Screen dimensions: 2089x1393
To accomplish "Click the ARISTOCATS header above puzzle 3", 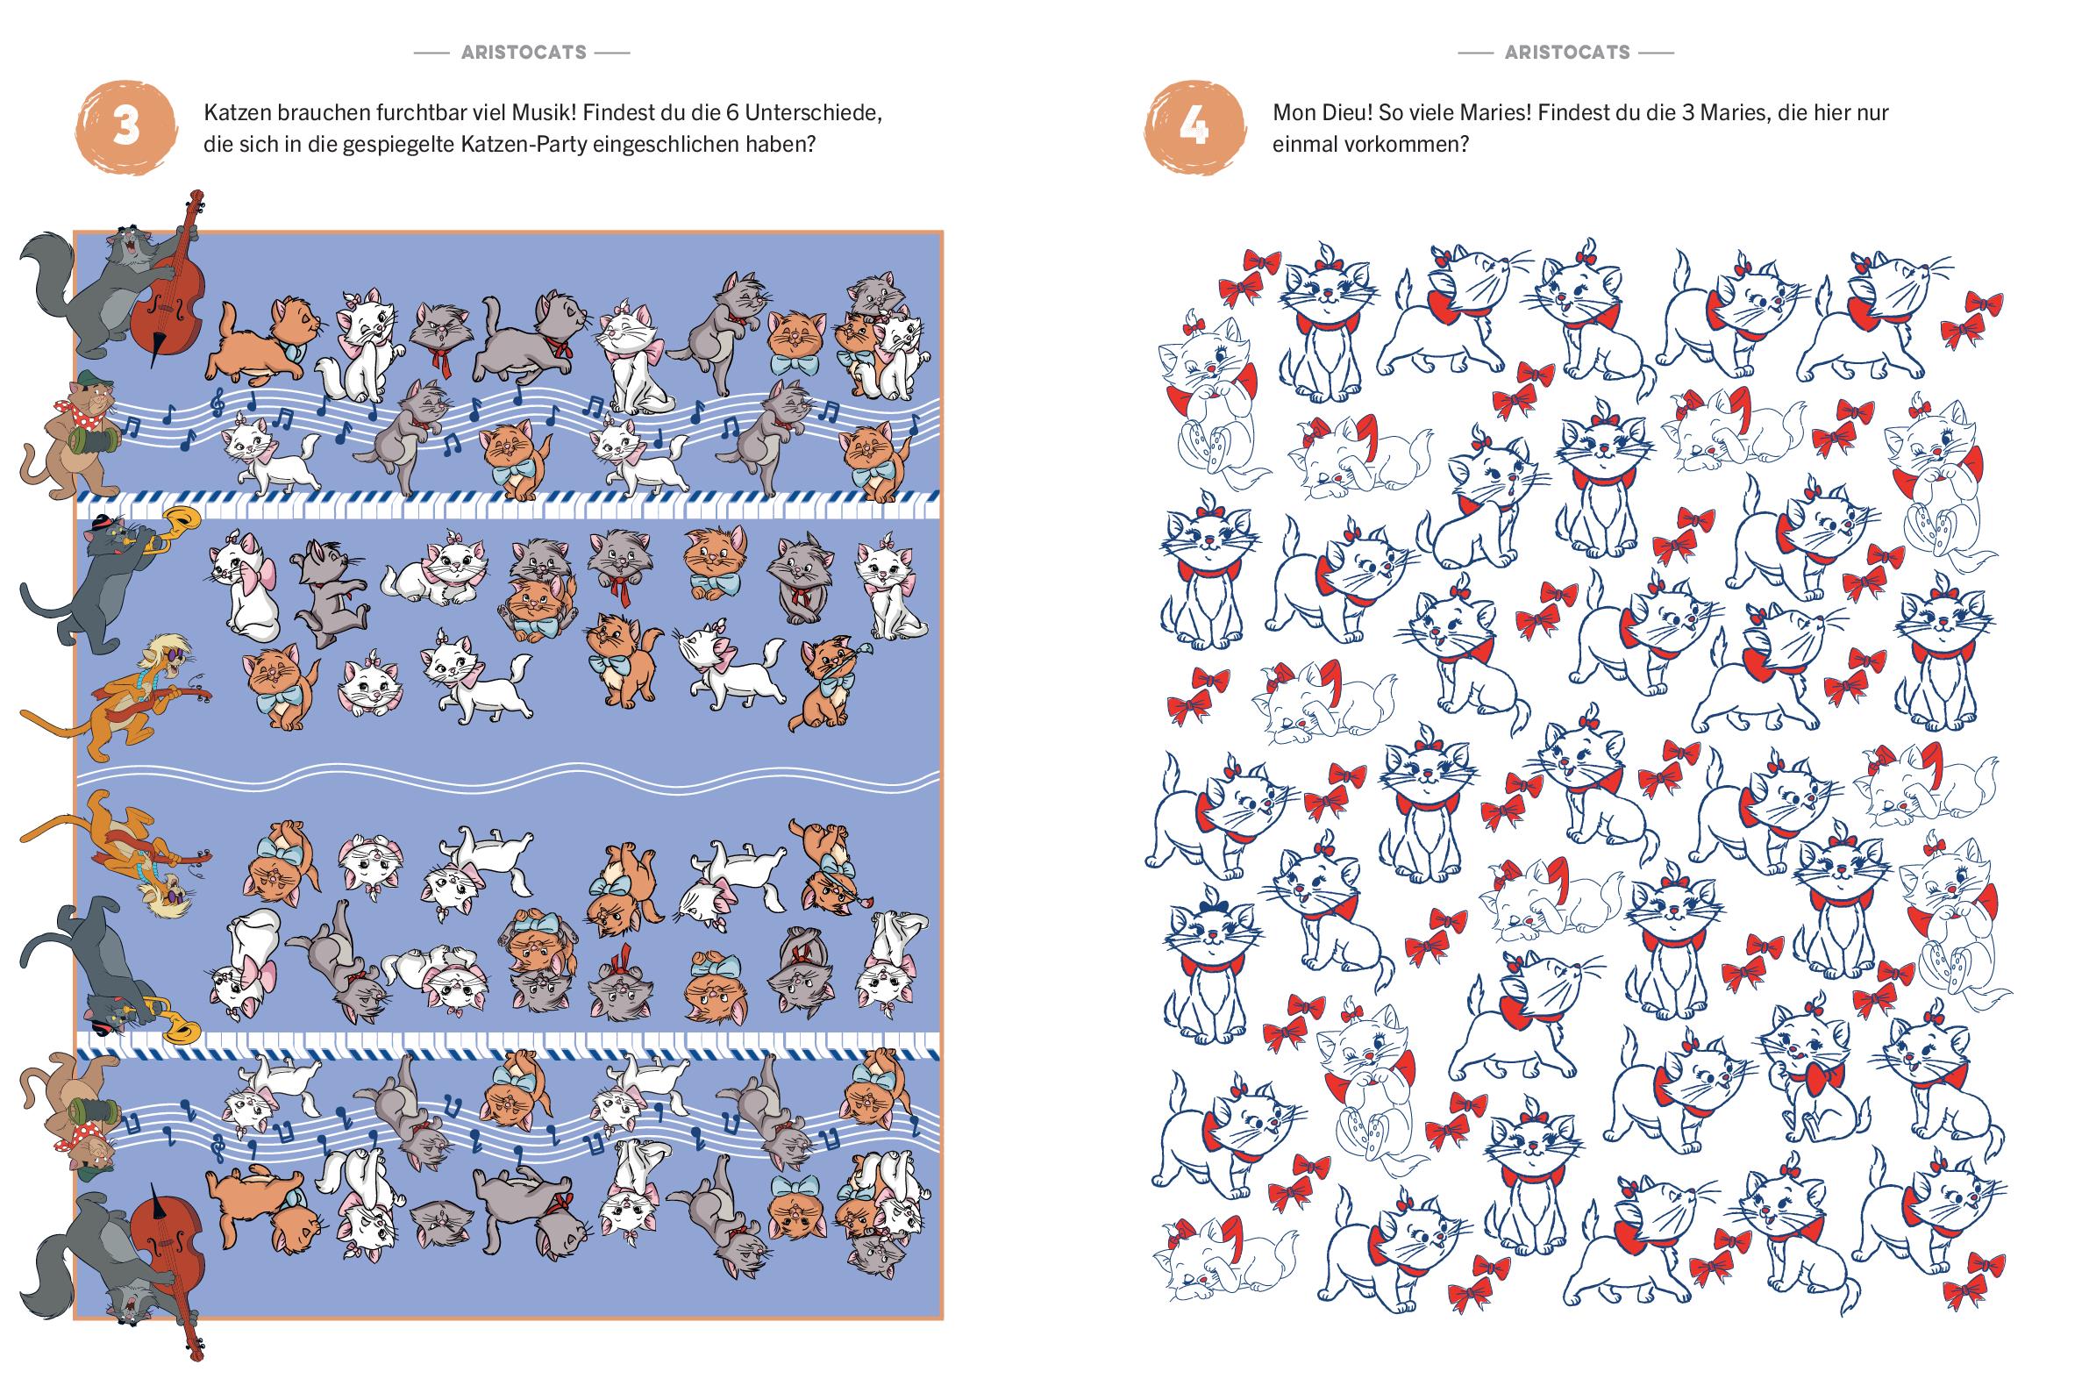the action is pos(524,53).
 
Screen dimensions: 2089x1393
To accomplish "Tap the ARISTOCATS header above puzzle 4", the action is pos(1568,53).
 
